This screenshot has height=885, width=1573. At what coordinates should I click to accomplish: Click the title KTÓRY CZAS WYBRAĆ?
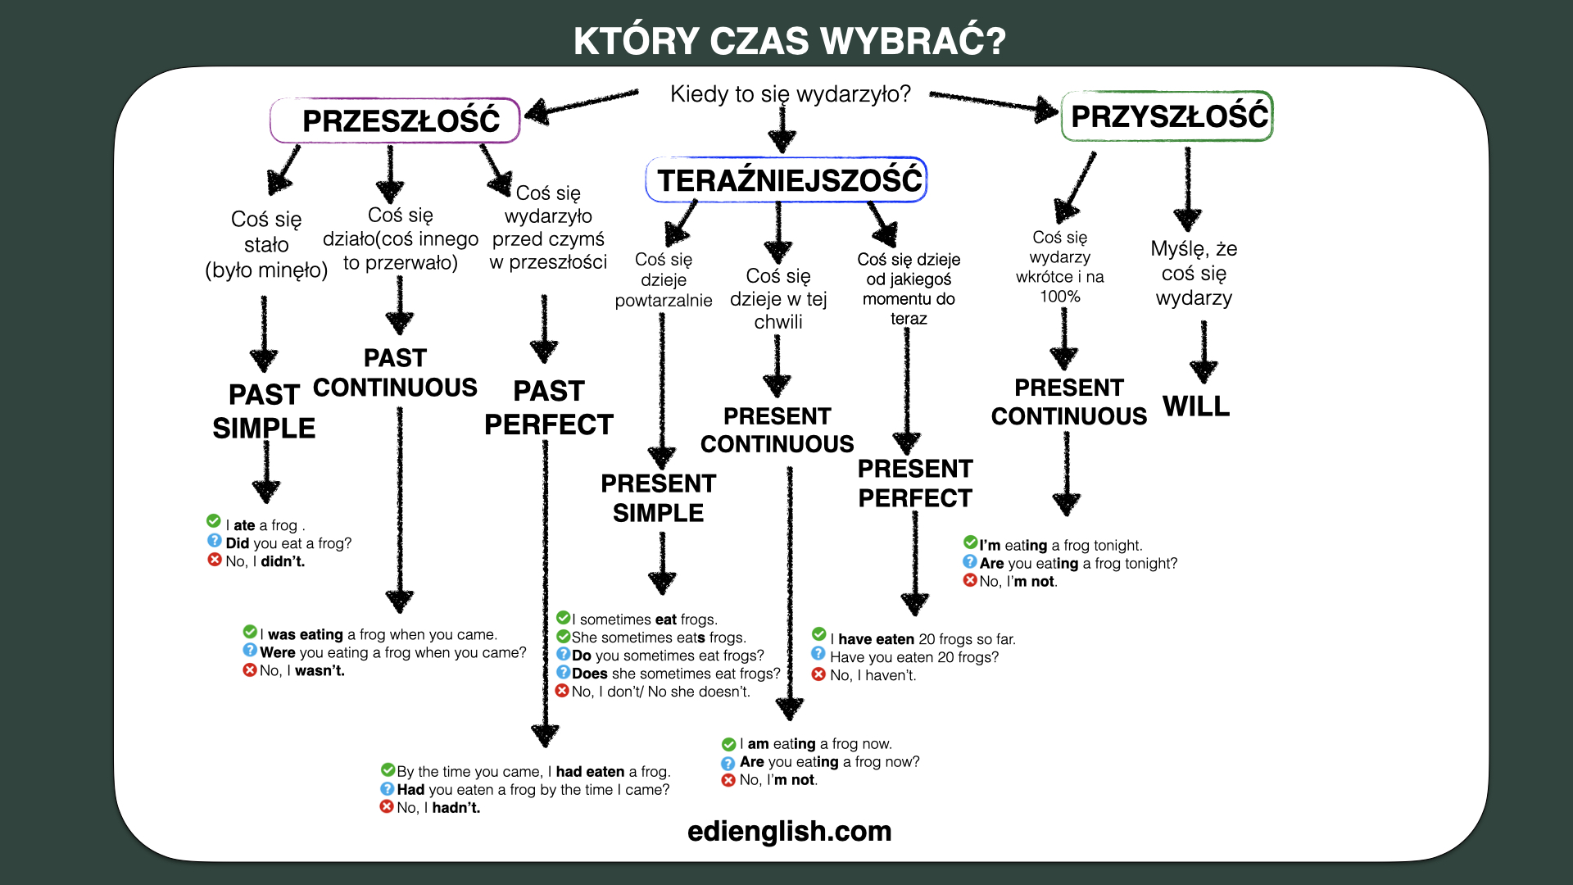789,41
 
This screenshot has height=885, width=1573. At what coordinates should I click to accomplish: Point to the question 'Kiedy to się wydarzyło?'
791,94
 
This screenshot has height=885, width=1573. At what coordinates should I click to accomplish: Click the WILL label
1196,406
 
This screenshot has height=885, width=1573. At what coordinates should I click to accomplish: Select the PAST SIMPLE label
264,411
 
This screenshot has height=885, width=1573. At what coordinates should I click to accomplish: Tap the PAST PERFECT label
549,408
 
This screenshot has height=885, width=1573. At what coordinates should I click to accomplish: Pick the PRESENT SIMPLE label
659,498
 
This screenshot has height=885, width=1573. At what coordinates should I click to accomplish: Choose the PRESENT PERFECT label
915,483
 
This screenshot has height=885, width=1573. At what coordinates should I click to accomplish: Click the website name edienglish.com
789,831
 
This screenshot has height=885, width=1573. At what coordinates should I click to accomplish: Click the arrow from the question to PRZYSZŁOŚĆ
995,103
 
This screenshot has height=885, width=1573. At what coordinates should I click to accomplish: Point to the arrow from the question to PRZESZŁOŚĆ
582,105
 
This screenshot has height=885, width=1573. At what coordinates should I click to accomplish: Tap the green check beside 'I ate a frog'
214,521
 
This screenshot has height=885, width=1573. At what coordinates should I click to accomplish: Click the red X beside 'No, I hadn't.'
387,806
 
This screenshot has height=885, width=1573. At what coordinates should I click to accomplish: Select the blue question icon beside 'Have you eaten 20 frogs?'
818,654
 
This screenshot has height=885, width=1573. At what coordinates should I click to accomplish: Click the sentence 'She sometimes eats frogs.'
659,638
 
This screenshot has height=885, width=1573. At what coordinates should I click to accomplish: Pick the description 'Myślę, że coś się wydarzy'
1194,273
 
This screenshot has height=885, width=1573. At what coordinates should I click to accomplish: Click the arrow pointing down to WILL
1204,352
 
